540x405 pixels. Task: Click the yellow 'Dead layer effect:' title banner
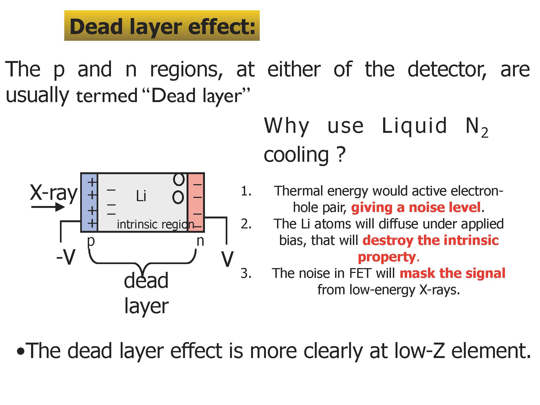click(x=162, y=26)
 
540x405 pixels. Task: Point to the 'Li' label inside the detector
click(x=141, y=196)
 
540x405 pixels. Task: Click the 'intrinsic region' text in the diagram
click(x=155, y=224)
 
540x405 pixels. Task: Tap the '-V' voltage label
click(x=66, y=258)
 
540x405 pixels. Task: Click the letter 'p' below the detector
click(x=91, y=241)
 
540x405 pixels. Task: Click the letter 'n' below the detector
click(x=200, y=241)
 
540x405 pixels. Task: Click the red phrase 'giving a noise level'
click(x=416, y=207)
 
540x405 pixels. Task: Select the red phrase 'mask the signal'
click(x=452, y=273)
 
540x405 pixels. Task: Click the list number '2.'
click(x=246, y=224)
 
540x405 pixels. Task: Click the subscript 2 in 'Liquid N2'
click(x=485, y=133)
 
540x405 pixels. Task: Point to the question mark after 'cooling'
click(x=342, y=154)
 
